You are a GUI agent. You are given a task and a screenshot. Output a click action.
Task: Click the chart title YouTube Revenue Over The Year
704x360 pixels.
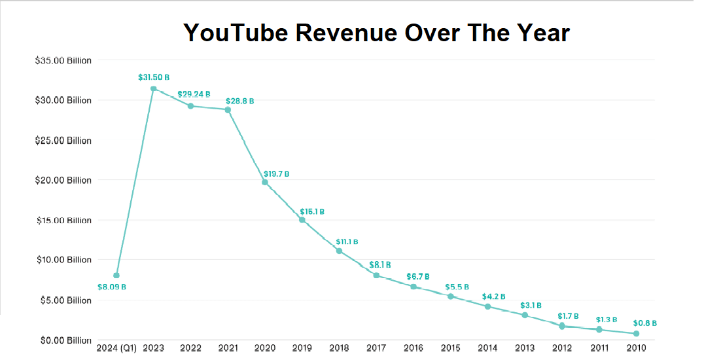376,32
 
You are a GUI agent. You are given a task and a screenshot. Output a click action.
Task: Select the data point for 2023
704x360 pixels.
154,88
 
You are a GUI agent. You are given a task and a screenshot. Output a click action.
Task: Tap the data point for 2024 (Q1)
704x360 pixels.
116,276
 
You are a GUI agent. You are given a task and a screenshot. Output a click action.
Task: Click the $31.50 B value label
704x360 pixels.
154,77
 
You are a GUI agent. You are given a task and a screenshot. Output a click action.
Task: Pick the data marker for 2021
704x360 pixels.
228,110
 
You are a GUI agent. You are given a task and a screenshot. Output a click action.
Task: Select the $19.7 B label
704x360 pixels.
276,173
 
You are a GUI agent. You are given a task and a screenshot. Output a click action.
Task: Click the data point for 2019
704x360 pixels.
302,220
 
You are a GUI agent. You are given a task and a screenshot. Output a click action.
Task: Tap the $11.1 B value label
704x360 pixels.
347,242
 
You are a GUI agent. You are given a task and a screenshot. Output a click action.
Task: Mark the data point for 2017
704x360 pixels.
376,276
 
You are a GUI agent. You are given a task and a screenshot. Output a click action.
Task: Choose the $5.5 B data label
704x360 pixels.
458,287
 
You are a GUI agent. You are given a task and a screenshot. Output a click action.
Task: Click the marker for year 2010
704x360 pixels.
636,334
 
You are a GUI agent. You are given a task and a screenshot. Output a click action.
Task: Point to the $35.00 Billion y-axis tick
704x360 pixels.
63,61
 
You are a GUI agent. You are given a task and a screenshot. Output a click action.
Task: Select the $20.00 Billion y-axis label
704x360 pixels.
63,180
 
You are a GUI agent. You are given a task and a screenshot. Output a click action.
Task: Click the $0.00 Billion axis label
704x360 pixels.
63,340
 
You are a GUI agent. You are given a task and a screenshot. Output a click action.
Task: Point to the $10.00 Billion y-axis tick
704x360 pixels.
63,260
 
